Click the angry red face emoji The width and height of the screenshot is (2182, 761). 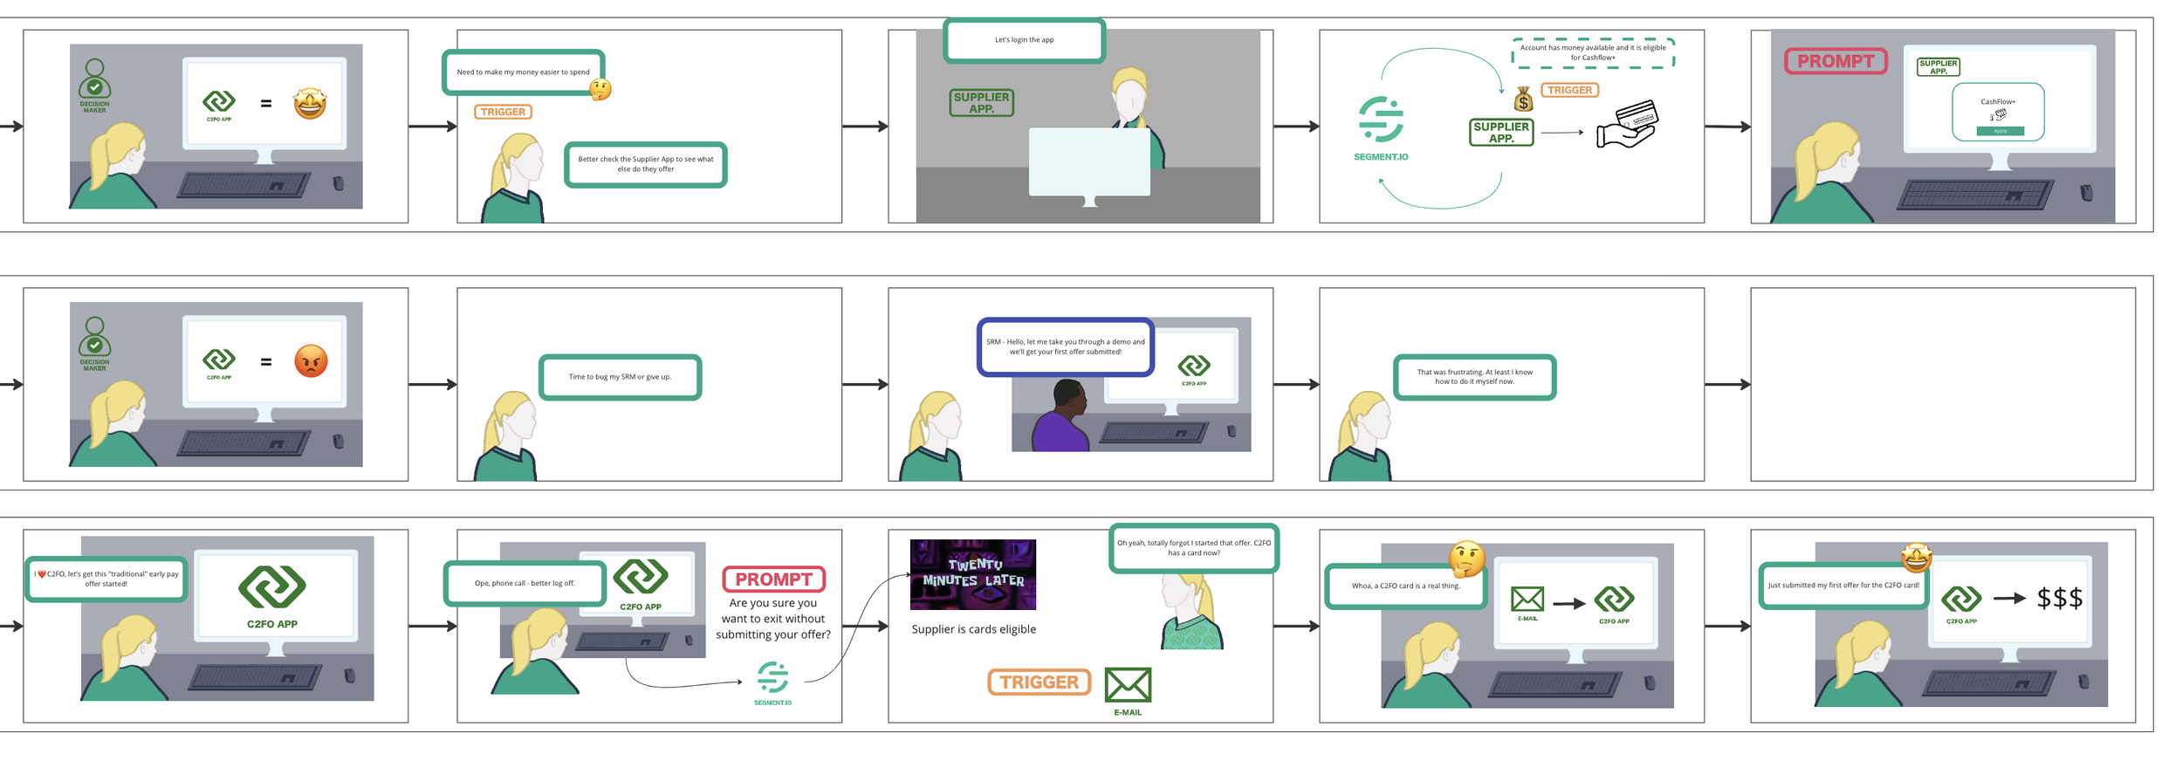point(311,361)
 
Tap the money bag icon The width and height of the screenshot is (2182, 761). point(1523,99)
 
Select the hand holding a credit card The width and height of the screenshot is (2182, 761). point(1626,125)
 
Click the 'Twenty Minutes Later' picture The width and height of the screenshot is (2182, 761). point(972,574)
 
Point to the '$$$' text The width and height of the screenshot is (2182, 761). point(2059,599)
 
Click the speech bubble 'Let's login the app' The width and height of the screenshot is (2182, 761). point(1024,40)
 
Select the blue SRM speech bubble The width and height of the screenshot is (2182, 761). point(1065,346)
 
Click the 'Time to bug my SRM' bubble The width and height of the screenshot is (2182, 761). point(620,377)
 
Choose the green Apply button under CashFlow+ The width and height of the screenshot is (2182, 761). point(2000,131)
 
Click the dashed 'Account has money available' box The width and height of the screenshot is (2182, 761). point(1592,52)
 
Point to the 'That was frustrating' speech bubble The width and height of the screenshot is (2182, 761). point(1474,377)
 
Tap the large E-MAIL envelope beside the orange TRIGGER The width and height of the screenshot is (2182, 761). point(1128,685)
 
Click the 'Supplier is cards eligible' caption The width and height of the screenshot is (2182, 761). point(973,629)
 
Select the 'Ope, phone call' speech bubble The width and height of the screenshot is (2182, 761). point(525,583)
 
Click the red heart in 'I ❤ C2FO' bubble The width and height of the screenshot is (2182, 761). point(42,574)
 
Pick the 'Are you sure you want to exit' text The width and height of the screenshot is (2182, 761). point(772,619)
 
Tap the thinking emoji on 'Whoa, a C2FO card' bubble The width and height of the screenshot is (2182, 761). point(1466,559)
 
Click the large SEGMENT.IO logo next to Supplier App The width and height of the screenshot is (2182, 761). point(1381,120)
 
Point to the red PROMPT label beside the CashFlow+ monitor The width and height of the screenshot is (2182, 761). point(1835,61)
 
